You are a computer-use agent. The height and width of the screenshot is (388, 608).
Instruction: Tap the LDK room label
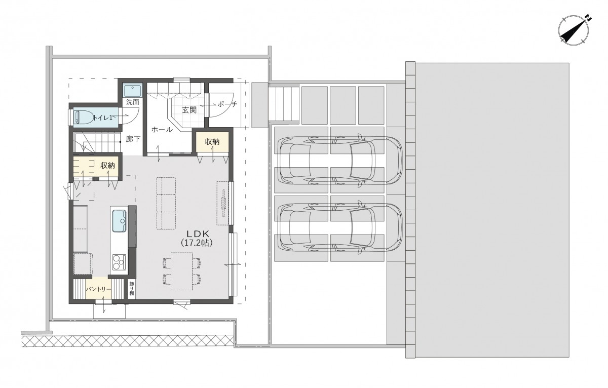coord(197,233)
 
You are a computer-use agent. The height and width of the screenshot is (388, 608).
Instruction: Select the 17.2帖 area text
coord(197,243)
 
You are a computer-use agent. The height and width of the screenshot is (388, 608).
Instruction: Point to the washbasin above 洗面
coord(132,90)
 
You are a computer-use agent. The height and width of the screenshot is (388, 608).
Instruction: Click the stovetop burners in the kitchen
coord(119,262)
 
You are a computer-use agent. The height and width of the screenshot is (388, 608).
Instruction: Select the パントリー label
coord(98,289)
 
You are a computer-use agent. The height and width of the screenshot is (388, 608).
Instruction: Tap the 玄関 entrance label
coord(189,110)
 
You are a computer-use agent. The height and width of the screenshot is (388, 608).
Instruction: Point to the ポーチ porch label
coord(227,104)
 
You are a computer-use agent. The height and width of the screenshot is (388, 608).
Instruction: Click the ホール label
coord(162,130)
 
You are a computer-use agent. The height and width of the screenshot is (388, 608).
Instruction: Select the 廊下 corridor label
coord(133,139)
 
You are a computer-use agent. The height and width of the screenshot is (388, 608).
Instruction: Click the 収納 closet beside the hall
coord(212,142)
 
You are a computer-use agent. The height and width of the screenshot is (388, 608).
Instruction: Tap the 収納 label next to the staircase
coord(107,165)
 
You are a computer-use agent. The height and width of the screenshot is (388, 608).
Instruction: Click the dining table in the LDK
coord(181,271)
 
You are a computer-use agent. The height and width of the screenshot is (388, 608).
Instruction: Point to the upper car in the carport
coord(340,161)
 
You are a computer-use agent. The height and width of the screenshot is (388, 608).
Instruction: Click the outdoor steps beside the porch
coord(284,104)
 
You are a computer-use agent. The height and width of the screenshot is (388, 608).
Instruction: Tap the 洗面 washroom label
coord(133,102)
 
